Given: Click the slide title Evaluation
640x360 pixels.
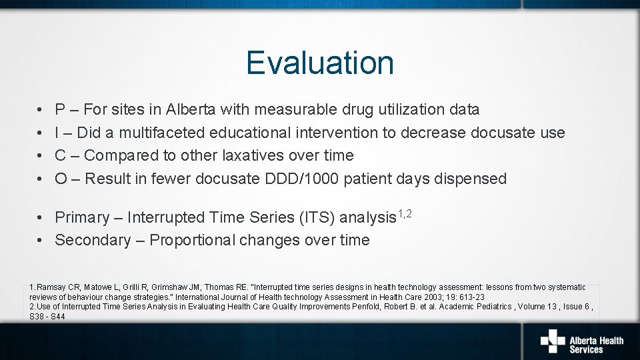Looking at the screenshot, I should pos(320,63).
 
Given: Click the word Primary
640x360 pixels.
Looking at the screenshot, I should pos(81,218).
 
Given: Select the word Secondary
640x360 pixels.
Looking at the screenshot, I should pos(93,241).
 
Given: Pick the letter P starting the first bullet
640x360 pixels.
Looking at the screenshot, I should pos(60,109).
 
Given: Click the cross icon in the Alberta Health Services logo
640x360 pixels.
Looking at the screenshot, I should pos(553,341).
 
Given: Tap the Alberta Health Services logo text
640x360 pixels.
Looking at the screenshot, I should pos(596,345).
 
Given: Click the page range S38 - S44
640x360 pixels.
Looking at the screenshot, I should pos(47,316).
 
